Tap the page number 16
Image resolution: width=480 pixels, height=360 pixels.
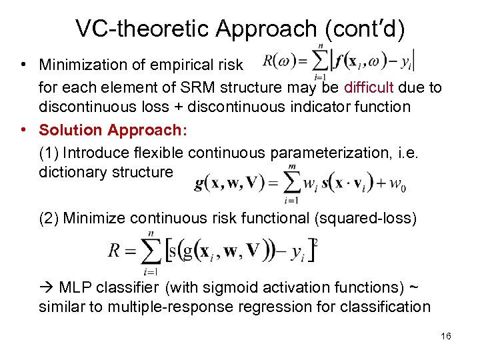coord(446,336)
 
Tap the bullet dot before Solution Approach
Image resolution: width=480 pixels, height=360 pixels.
coord(23,130)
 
